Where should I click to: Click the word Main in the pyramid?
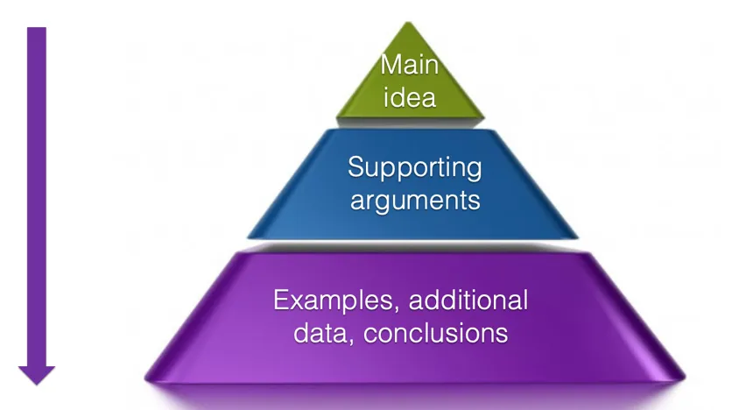point(410,65)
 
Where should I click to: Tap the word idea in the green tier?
point(410,97)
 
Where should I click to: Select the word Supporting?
point(414,168)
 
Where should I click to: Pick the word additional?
point(468,300)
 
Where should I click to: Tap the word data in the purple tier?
point(322,334)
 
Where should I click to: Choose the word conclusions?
point(435,334)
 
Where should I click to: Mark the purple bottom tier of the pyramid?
point(415,317)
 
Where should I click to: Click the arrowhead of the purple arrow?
point(37,375)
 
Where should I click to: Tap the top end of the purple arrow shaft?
point(37,27)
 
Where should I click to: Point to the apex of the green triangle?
point(409,22)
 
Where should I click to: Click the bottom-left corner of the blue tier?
point(248,237)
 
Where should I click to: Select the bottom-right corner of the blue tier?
point(578,237)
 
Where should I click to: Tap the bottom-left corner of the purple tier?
point(145,378)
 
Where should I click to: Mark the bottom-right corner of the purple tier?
point(685,378)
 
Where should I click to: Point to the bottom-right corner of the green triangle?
point(484,116)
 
